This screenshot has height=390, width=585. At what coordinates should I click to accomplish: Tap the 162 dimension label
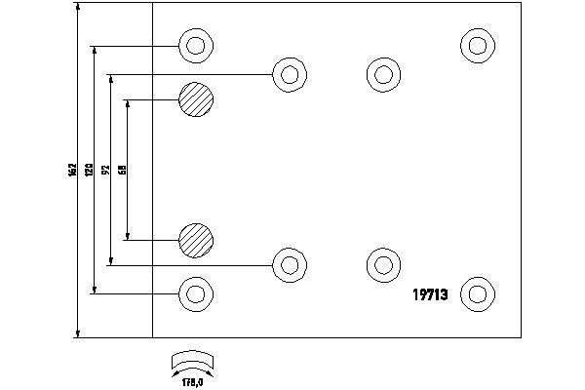71,170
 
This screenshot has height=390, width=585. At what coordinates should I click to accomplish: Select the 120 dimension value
88,170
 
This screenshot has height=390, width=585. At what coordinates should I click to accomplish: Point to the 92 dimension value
104,170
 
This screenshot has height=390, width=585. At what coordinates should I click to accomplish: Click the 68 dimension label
121,170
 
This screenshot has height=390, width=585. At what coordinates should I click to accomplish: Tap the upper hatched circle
195,99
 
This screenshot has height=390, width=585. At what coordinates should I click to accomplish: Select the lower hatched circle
195,239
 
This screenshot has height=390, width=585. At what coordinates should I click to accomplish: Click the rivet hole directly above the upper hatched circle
195,45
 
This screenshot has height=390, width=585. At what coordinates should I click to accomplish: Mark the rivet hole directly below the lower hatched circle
195,292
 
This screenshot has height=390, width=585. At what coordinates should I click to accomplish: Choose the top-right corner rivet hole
476,45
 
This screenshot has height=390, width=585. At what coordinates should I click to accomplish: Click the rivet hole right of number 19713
476,292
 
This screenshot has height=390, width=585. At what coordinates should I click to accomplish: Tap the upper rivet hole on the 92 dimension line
287,73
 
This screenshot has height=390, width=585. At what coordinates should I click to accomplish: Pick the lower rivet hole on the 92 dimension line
287,263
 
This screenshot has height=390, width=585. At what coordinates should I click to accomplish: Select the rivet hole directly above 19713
382,263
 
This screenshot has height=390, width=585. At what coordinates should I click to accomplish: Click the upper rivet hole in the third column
382,73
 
